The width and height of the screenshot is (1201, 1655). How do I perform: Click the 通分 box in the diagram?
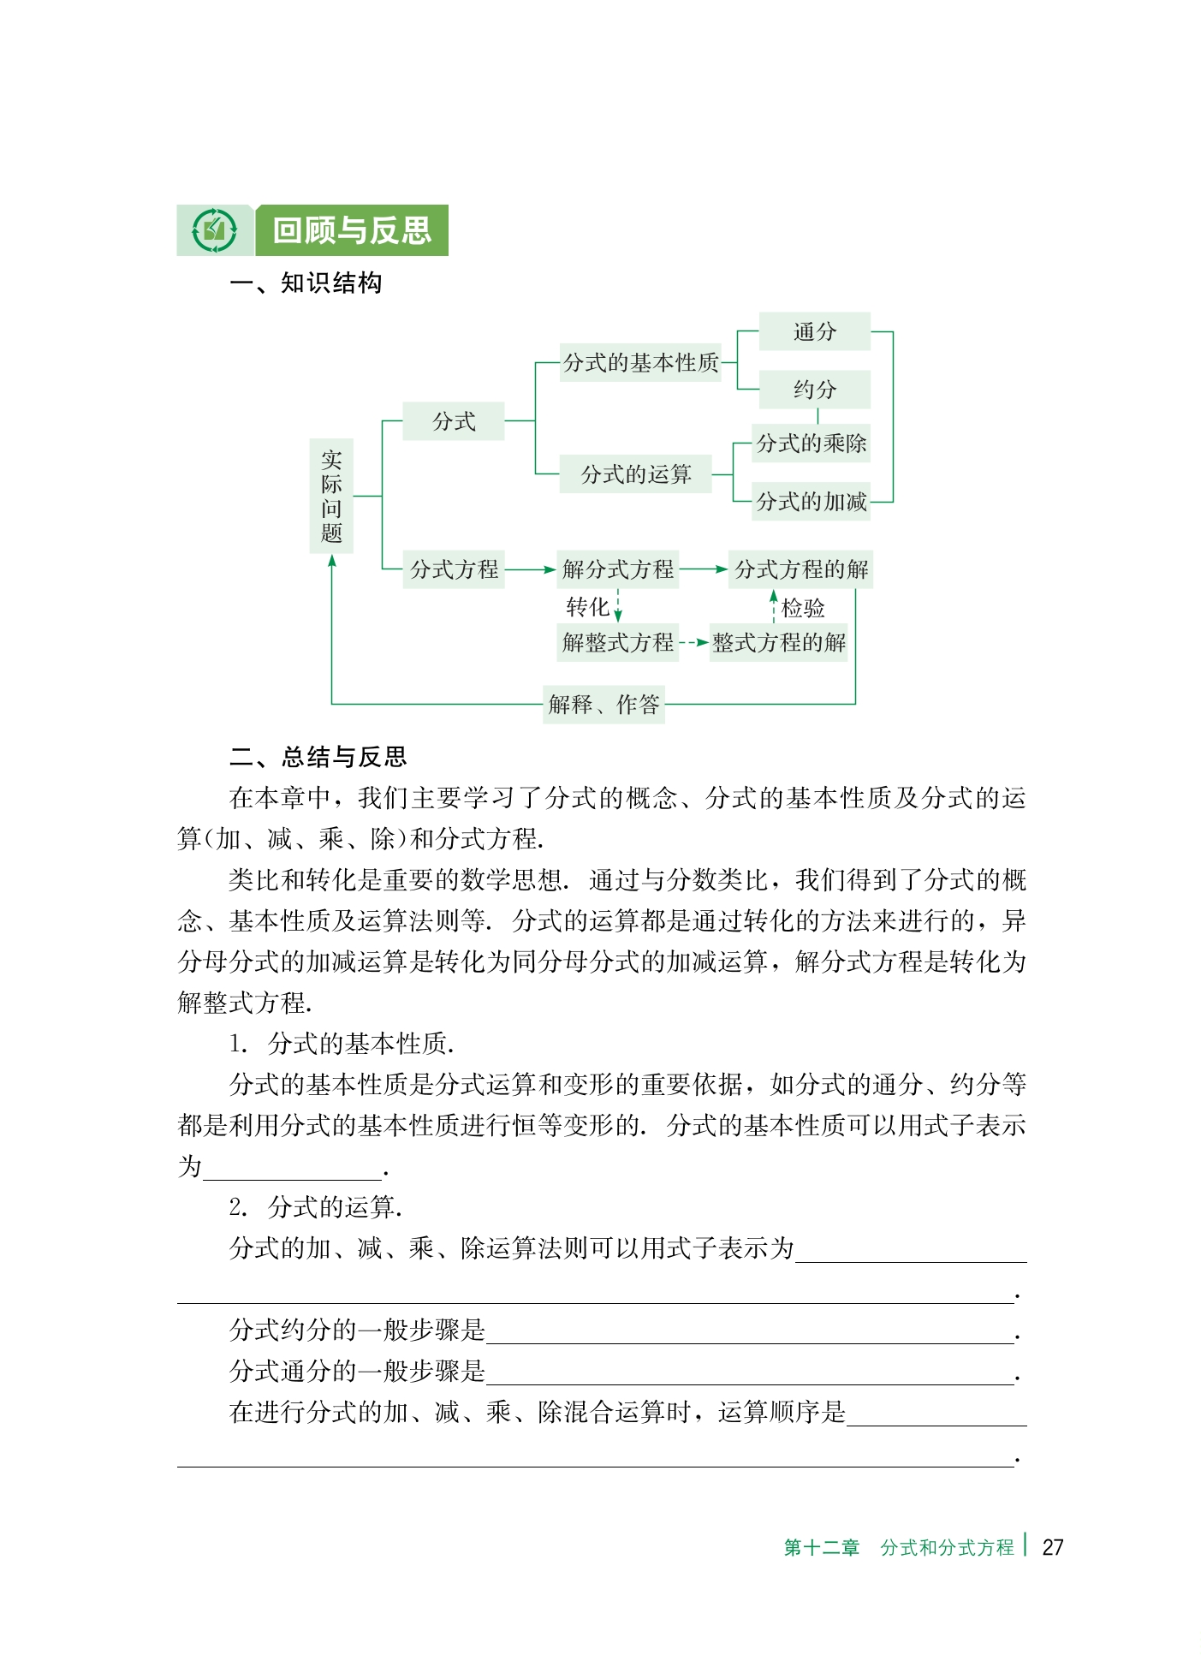[814, 331]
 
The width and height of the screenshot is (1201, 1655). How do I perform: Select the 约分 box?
[814, 390]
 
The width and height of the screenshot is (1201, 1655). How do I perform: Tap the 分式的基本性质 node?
[640, 363]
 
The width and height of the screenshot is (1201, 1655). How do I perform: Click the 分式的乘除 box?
[811, 444]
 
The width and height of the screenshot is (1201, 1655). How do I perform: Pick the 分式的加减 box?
[811, 502]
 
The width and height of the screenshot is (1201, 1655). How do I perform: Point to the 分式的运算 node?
[635, 474]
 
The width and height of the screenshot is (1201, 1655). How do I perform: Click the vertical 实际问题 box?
[331, 497]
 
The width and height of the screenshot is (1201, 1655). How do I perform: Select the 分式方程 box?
[454, 569]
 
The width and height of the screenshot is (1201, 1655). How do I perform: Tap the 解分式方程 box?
[617, 569]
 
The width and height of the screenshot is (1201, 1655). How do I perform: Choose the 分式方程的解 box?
[800, 569]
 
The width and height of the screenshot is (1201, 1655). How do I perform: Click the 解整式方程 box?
[617, 642]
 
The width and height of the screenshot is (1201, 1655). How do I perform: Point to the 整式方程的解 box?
[778, 642]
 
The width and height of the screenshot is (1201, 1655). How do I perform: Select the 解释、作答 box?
[603, 705]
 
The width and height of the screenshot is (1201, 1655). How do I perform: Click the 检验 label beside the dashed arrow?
[803, 608]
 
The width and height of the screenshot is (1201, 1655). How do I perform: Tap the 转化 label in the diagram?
[587, 607]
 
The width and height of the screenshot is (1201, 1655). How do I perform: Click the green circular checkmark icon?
[214, 230]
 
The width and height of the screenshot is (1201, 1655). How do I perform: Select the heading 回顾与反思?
[352, 230]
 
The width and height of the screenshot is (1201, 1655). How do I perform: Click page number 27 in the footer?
[1052, 1547]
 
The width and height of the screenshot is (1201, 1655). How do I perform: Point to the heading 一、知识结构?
[306, 283]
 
